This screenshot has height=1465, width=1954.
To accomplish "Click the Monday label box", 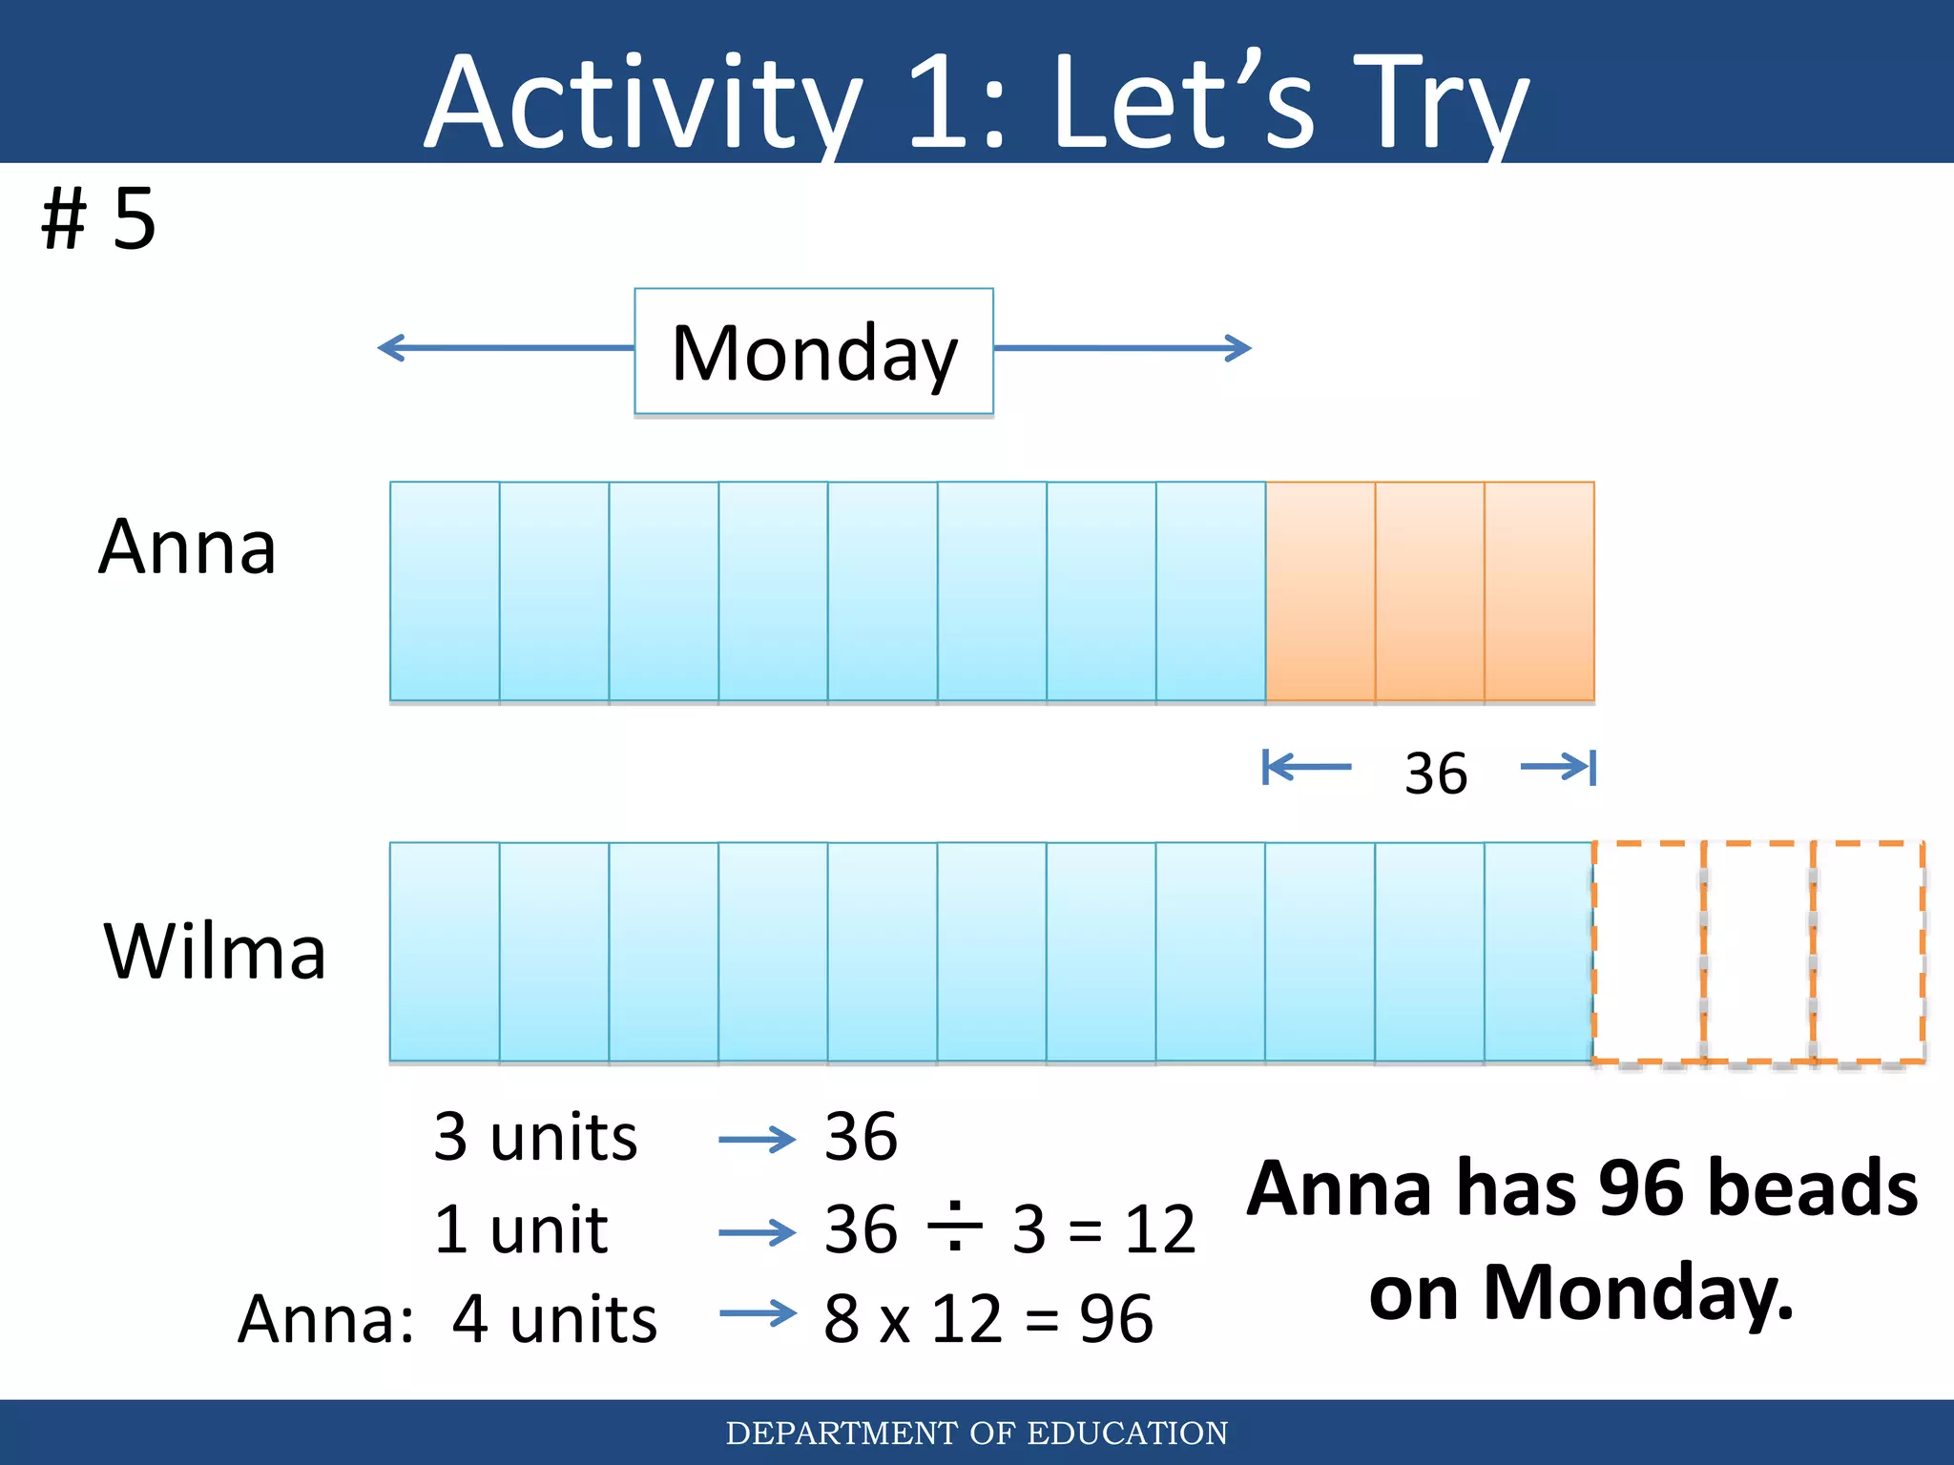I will (814, 352).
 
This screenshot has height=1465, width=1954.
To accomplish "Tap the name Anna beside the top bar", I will (188, 547).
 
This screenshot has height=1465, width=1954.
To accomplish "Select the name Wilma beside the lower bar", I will (215, 952).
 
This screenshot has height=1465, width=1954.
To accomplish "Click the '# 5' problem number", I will (99, 219).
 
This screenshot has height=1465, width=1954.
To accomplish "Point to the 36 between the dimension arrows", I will (1435, 773).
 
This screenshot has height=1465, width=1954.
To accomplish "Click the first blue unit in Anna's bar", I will (445, 591).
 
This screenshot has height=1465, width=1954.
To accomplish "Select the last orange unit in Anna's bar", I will (1539, 591).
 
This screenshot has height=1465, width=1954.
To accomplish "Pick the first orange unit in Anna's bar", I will (1320, 591).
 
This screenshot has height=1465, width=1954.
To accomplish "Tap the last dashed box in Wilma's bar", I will (1868, 952).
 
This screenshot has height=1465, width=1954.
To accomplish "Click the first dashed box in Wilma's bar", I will (1648, 952).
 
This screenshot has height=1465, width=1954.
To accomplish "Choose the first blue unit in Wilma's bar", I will (445, 952).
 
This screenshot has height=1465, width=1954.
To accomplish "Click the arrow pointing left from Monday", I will (506, 348).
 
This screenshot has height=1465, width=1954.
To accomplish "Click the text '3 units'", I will (535, 1137).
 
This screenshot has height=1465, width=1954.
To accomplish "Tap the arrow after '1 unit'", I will (758, 1232).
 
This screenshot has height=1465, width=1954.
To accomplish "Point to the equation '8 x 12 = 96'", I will (988, 1320).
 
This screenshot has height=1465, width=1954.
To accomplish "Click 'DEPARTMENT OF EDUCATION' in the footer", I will (977, 1433).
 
